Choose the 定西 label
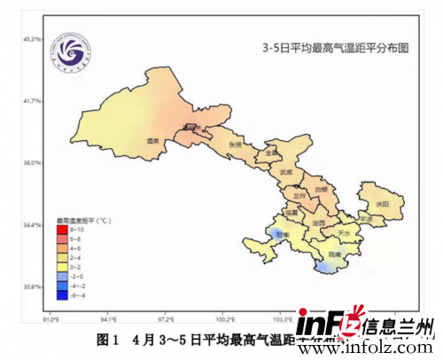click(x=318, y=223)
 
